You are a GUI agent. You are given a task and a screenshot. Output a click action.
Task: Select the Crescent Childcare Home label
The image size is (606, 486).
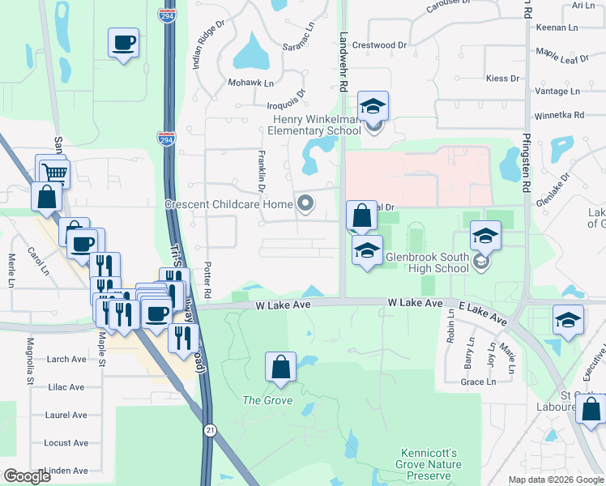pos(228,204)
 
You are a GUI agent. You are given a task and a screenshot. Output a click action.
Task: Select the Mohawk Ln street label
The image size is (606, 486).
pos(251,83)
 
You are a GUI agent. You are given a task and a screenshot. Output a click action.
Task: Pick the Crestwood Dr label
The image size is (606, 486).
pos(379,46)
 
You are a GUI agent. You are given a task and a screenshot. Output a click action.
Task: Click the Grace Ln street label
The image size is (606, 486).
pos(477,382)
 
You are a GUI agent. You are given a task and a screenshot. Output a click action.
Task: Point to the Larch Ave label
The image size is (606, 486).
pos(67,359)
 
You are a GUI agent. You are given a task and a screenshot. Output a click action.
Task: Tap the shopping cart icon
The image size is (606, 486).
pos(55,172)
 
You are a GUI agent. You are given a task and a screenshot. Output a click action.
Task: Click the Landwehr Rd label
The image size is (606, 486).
pos(344,61)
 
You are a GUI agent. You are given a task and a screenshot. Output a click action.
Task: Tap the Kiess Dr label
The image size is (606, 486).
pos(502,79)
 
